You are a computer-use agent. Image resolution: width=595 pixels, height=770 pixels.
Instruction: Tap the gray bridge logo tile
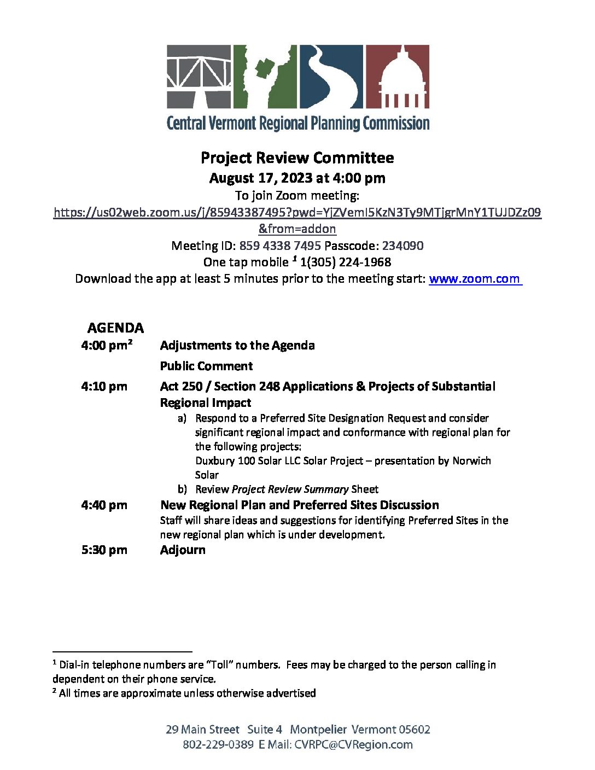click(x=199, y=77)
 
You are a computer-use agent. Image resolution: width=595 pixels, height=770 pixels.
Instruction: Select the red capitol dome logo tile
click(x=396, y=77)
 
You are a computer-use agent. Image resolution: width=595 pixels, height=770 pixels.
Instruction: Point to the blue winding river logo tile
click(x=330, y=77)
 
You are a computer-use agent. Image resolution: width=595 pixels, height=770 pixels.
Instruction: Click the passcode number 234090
click(x=402, y=246)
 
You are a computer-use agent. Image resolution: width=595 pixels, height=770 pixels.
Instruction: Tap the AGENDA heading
click(x=115, y=328)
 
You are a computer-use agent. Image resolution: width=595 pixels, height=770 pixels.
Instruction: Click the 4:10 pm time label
click(x=104, y=387)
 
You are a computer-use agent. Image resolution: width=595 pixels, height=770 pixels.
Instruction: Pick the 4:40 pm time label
click(x=104, y=505)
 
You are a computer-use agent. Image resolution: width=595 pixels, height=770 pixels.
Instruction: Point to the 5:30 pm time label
click(x=104, y=550)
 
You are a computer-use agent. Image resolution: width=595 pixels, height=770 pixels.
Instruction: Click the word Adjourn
click(x=183, y=550)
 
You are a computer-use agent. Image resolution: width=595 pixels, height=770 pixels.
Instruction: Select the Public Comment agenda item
click(x=206, y=366)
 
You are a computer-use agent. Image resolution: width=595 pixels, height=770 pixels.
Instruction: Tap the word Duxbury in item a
click(x=215, y=461)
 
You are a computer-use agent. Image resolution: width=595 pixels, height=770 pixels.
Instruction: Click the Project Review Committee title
click(x=297, y=158)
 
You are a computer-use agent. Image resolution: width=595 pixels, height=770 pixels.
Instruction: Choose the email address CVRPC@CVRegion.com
click(x=353, y=745)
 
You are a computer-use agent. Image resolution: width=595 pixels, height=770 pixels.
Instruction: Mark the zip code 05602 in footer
click(x=414, y=730)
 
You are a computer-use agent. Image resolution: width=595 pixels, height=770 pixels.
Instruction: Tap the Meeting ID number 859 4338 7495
click(x=279, y=246)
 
